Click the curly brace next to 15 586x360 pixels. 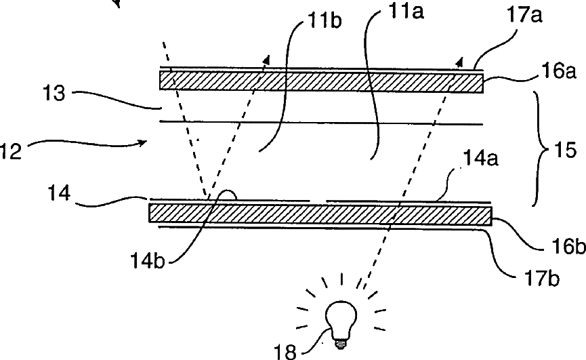click(x=543, y=148)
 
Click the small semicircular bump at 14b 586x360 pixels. click(x=226, y=195)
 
